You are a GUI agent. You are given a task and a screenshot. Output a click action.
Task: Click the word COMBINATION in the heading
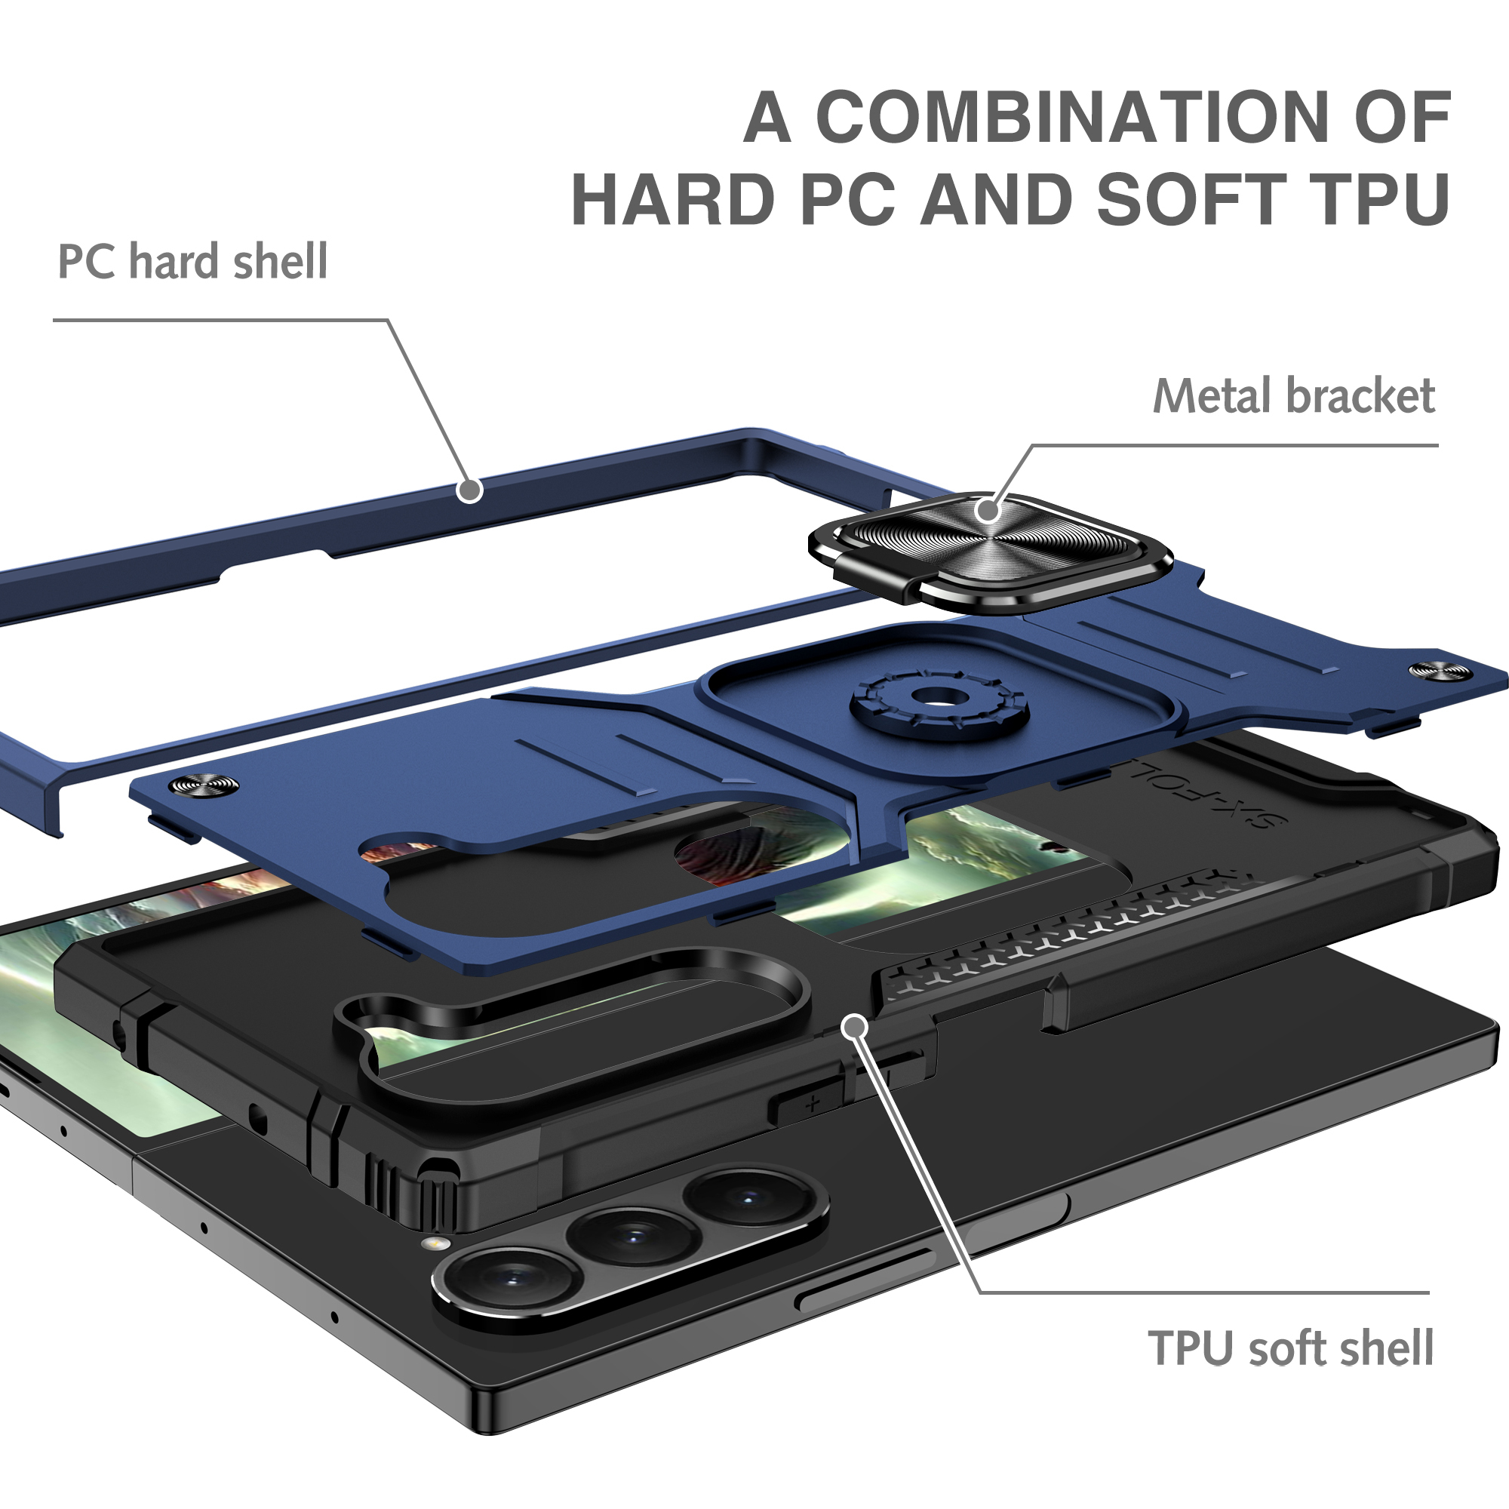pos(1072,117)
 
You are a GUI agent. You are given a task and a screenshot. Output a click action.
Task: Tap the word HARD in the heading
pos(673,199)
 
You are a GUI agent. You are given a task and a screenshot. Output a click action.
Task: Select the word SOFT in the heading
pos(1192,199)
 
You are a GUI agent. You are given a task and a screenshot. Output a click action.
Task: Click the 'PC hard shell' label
pos(193,261)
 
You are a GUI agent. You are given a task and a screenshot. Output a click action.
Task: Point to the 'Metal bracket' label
pos(1294,396)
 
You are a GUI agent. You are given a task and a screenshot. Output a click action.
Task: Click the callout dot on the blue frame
pos(469,490)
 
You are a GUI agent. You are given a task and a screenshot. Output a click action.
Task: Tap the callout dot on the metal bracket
pos(988,510)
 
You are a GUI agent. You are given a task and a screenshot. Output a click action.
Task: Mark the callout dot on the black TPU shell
pos(856,1026)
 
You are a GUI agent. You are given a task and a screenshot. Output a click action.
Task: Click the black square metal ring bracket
pos(991,551)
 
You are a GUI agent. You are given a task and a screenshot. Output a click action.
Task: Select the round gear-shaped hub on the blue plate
pos(939,697)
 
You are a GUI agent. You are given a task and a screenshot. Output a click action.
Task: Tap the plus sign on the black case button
pos(813,1105)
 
